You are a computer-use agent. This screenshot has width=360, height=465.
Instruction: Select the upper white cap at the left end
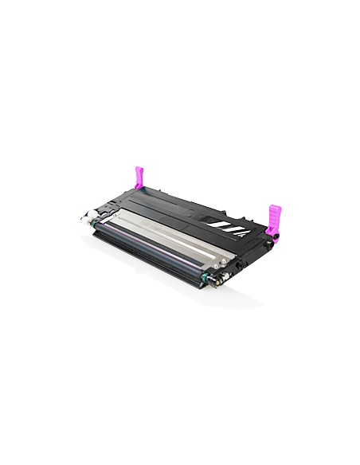click(x=84, y=214)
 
